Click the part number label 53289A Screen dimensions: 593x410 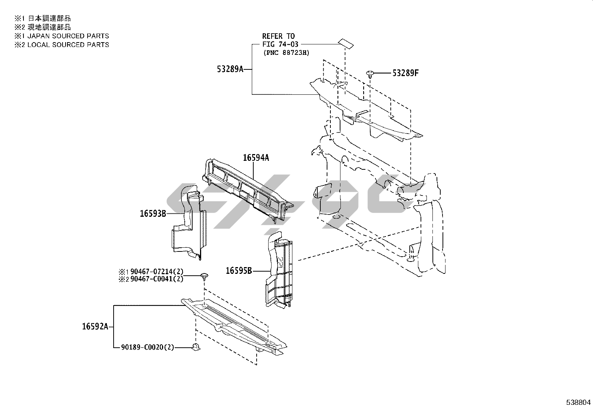pos(230,69)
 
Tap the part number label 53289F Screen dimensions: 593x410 pos(405,73)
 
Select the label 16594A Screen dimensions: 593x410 pos(256,158)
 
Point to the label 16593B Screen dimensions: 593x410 pos(153,213)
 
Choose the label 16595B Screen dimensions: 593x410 pos(239,271)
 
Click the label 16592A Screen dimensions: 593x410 pos(95,326)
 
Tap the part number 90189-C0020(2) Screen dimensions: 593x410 pos(148,347)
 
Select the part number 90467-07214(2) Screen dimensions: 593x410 pos(157,272)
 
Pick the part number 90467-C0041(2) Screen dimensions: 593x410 pos(157,279)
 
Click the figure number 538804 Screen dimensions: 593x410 pos(578,402)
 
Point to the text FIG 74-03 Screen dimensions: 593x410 pos(280,44)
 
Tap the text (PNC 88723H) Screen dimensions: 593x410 pos(286,53)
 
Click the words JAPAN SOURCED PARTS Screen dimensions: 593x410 pos(68,36)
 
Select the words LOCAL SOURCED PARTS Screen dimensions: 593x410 pos(68,44)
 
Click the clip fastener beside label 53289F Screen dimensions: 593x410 pos(370,74)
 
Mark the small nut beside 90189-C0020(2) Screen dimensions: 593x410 pos(196,346)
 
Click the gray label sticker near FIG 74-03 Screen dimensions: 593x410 pos(346,44)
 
